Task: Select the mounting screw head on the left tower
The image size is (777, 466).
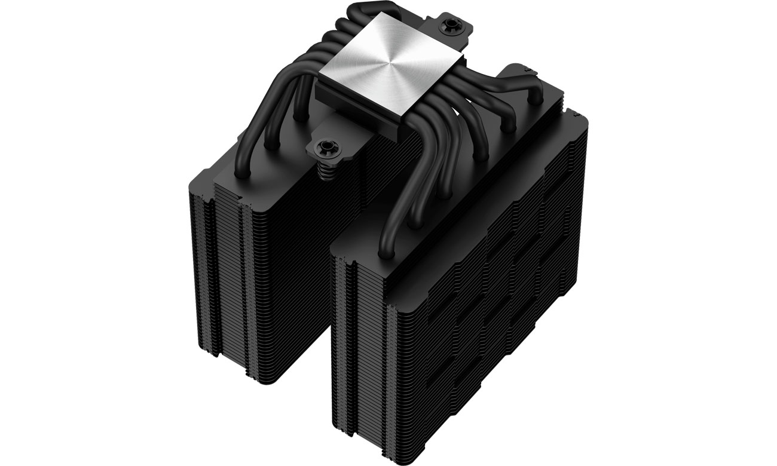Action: [324, 146]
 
